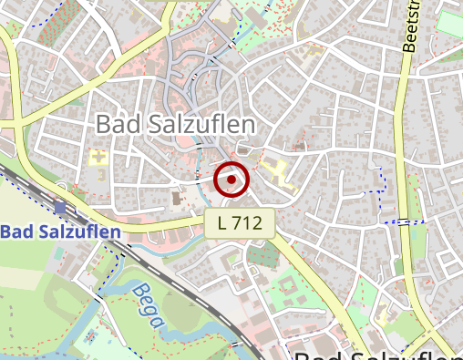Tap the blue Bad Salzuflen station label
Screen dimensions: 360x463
(60, 232)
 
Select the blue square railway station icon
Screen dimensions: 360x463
(60, 208)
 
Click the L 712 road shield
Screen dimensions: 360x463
(240, 222)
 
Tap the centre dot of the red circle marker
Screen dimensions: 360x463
(231, 180)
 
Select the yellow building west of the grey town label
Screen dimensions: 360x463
(98, 159)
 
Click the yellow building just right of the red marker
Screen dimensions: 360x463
(277, 170)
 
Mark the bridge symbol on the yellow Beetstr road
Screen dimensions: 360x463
(402, 221)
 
